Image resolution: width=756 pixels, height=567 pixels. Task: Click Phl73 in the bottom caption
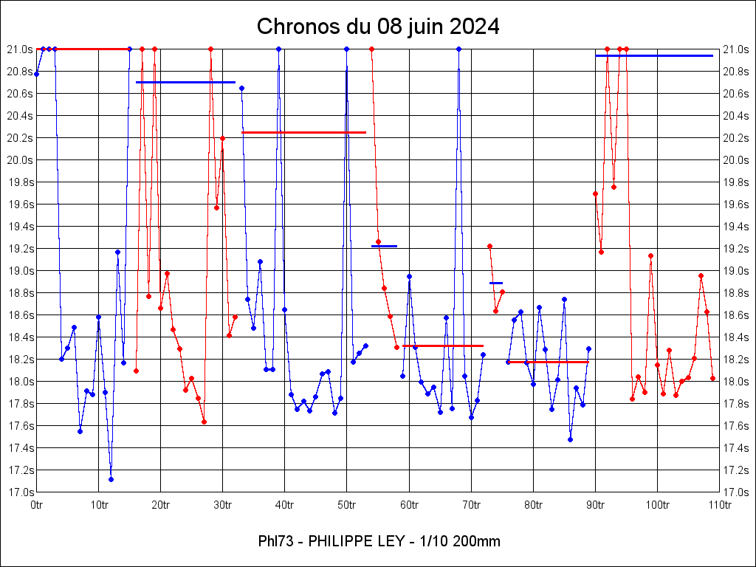pyautogui.click(x=276, y=542)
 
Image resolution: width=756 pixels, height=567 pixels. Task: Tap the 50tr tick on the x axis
pyautogui.click(x=347, y=505)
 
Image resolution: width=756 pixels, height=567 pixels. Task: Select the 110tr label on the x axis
pyautogui.click(x=720, y=505)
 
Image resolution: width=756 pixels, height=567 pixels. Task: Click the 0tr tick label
pyautogui.click(x=37, y=505)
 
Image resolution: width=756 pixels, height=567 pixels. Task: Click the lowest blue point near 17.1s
pyautogui.click(x=111, y=479)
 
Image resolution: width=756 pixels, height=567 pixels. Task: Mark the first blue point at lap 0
pyautogui.click(x=37, y=74)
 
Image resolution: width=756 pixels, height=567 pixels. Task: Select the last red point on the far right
pyautogui.click(x=713, y=378)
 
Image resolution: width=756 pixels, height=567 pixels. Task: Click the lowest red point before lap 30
pyautogui.click(x=204, y=422)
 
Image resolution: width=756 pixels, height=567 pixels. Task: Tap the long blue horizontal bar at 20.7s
pyautogui.click(x=185, y=82)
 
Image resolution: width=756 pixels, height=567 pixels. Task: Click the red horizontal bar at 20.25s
pyautogui.click(x=303, y=132)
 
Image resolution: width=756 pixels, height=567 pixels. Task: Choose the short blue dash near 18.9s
pyautogui.click(x=496, y=283)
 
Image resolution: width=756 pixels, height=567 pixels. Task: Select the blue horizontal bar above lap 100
pyautogui.click(x=654, y=55)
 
